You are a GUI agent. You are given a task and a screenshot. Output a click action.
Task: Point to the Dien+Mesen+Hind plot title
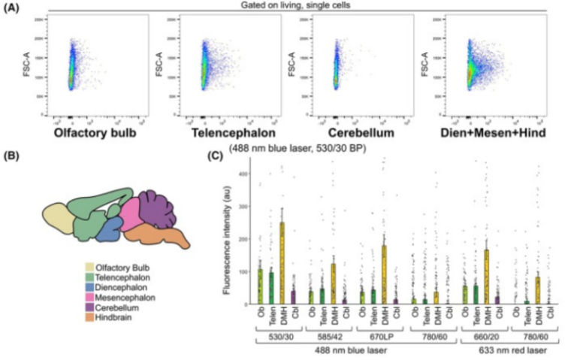tap(485, 135)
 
